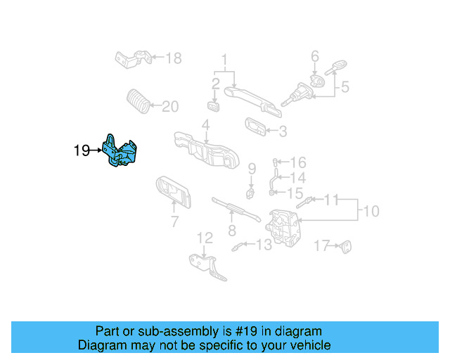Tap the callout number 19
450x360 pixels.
[x=82, y=150]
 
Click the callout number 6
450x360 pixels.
[x=315, y=55]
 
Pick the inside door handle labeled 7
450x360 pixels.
[x=172, y=192]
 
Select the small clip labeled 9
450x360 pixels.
[x=250, y=191]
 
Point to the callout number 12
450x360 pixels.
[x=204, y=238]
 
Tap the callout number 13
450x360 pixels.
[x=263, y=245]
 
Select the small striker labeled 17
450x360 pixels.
[x=345, y=246]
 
